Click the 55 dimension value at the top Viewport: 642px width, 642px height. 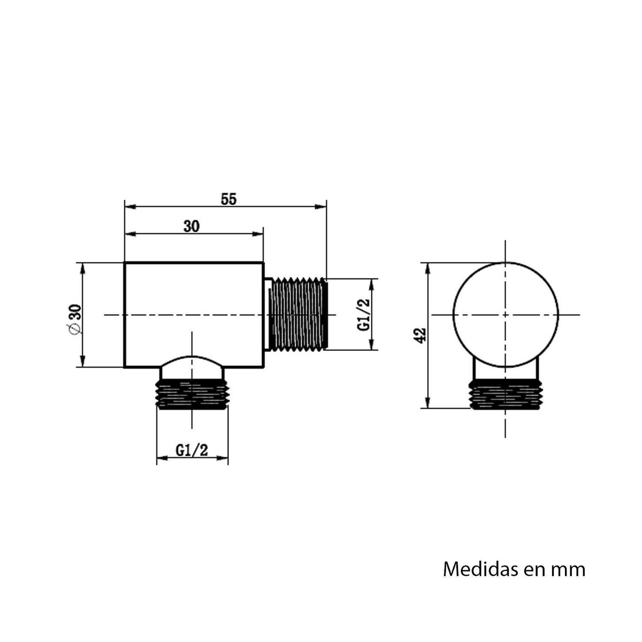228,198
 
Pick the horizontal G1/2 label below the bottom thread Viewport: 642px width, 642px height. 192,451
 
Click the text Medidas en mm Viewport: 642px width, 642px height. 514,569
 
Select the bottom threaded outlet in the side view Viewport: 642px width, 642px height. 192,394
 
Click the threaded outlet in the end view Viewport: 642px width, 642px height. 505,394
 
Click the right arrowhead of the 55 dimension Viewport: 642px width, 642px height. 322,206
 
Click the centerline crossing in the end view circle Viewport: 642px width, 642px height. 505,315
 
